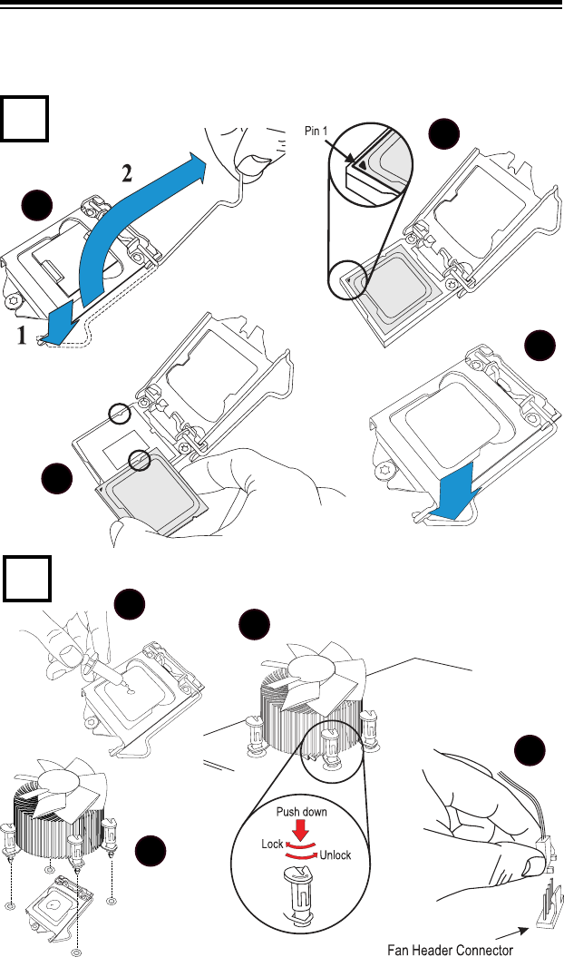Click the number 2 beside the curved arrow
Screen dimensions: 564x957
[127, 174]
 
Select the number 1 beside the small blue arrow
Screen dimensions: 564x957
[22, 336]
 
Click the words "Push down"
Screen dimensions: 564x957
[302, 813]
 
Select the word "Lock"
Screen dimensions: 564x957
[272, 845]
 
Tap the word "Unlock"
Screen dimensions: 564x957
[335, 855]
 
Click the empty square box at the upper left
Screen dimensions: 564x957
[24, 119]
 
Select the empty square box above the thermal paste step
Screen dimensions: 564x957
[27, 578]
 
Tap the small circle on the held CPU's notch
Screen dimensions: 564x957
[140, 460]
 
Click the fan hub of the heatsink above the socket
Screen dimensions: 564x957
[66, 779]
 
